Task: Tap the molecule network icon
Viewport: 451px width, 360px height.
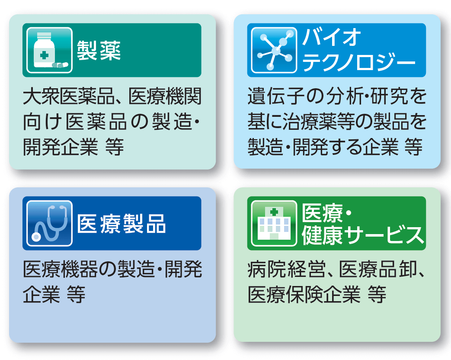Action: tap(274, 50)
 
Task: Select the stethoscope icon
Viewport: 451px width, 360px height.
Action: tap(49, 223)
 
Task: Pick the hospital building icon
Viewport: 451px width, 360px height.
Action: tap(274, 223)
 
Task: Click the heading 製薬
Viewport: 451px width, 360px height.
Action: tap(99, 50)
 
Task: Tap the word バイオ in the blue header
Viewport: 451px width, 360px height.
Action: tap(331, 37)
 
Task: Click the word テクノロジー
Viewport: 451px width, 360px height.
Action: tap(359, 62)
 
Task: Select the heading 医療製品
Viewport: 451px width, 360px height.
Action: tap(121, 224)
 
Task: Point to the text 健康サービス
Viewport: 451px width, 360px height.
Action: tap(363, 236)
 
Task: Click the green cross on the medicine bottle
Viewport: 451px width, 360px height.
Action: tap(44, 55)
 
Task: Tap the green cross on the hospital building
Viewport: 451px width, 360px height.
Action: tap(274, 212)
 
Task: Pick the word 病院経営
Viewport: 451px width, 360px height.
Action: tap(287, 270)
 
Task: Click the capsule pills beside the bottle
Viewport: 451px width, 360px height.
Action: tap(60, 65)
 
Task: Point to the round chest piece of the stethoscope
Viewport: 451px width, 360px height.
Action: tap(36, 237)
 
